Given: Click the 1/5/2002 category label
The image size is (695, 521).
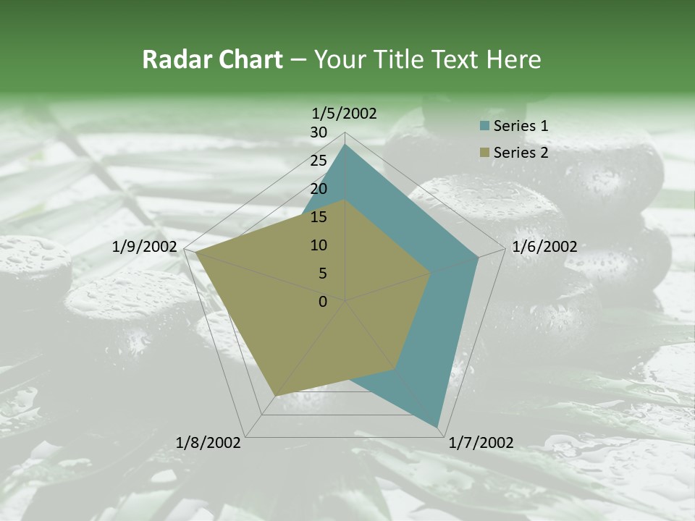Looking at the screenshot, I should [x=344, y=113].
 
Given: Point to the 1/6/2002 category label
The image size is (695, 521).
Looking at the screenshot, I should [x=544, y=247].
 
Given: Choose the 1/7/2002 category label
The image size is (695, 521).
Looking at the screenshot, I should [x=481, y=443].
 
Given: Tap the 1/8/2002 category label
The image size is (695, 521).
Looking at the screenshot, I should [x=208, y=443].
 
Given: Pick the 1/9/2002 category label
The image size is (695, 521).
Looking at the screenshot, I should [x=145, y=247].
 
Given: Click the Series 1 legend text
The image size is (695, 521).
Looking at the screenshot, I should [x=521, y=126].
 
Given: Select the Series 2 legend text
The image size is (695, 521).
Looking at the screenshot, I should [x=521, y=152].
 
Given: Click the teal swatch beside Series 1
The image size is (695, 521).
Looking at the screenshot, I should [x=484, y=126].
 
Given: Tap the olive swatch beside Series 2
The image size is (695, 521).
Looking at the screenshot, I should [x=484, y=152].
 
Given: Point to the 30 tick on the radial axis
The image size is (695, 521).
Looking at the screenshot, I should [x=319, y=132].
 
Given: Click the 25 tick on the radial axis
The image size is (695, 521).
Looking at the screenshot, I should [x=319, y=161].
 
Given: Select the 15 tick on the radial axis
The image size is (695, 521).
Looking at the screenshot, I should [x=319, y=217].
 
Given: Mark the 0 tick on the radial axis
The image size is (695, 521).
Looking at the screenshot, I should [x=323, y=302].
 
